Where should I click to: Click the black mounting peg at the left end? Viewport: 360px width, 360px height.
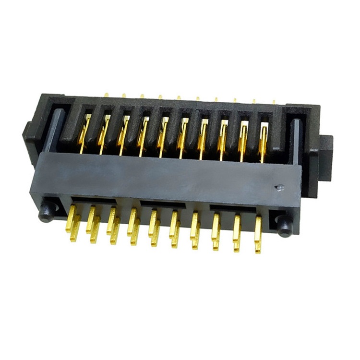(x=47, y=212)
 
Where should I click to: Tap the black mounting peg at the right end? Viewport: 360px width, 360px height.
(x=284, y=224)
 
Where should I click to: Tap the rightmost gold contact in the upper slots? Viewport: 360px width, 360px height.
(x=264, y=139)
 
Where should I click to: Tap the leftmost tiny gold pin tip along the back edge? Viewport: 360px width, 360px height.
(x=107, y=95)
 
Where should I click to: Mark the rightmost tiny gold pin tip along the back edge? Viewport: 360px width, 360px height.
(x=274, y=102)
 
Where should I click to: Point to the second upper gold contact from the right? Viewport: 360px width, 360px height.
(x=243, y=138)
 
